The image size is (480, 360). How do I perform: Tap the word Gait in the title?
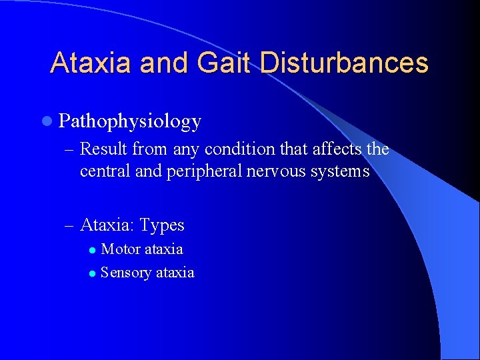221,63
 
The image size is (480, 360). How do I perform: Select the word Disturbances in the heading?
344,63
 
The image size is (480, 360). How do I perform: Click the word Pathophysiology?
129,121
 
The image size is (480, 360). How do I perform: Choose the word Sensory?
125,272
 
